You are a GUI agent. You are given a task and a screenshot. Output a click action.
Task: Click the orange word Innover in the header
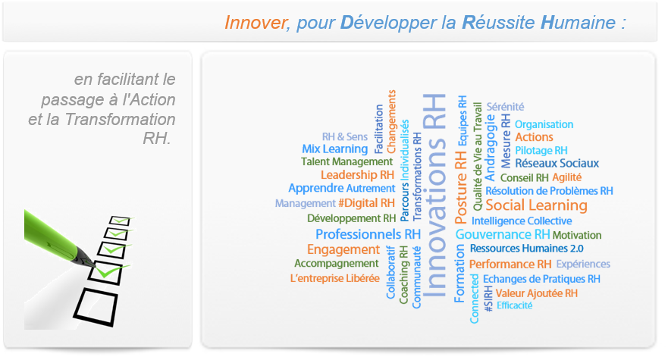pos(256,23)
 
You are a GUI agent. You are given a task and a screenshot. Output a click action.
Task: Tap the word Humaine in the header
pos(578,22)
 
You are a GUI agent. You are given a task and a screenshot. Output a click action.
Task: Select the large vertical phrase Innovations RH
pos(434,196)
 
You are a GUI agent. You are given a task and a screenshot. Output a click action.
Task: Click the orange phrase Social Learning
pos(536,205)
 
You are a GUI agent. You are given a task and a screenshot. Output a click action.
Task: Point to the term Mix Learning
pos(335,149)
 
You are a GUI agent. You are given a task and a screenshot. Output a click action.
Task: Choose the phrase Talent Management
pos(347,162)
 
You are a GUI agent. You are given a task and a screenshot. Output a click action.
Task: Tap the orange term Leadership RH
pos(357,175)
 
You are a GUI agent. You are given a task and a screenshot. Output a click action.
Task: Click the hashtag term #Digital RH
pos(366,203)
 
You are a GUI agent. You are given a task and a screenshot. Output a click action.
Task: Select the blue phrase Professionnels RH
pos(368,234)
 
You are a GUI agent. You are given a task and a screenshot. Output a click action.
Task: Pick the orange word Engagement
pos(343,249)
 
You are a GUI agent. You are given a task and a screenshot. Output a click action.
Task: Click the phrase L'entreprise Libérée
pos(335,278)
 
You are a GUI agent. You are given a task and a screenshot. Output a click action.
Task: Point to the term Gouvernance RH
pos(503,235)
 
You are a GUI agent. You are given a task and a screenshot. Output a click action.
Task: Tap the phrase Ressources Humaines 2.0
pos(526,249)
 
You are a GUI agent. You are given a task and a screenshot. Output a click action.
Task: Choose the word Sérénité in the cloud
pos(505,107)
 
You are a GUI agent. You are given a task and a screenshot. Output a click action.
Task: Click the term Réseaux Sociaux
pos(557,163)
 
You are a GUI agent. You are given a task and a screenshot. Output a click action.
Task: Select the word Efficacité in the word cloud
pos(515,305)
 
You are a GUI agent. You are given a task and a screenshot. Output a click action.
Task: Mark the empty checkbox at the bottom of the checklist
pos(96,307)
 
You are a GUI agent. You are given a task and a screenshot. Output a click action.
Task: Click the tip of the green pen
pos(95,266)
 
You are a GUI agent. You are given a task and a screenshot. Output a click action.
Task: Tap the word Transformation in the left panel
pos(120,120)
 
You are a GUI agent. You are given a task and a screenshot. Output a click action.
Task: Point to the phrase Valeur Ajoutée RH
pos(536,293)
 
